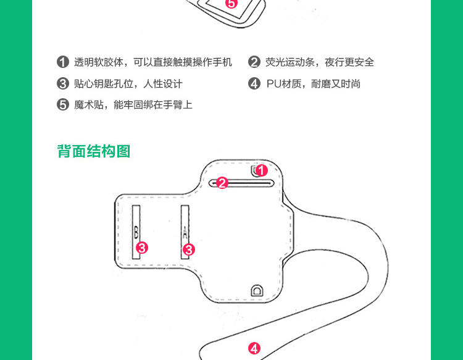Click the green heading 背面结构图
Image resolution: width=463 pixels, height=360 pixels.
pos(94,151)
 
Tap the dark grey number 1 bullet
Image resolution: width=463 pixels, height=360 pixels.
pos(62,62)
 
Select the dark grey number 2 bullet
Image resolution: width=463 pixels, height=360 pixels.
pos(254,62)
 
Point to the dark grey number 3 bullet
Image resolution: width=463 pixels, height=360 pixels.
pos(62,83)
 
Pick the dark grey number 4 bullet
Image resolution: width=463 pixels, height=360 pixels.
pos(254,83)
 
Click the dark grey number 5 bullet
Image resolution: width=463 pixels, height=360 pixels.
pos(62,104)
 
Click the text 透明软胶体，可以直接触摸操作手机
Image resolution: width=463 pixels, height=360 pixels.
pos(153,62)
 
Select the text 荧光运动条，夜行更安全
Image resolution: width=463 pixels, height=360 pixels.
pos(320,62)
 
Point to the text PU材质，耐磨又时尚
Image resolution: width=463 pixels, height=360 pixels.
pos(313,83)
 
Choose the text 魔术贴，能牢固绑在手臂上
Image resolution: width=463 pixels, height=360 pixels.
pos(133,104)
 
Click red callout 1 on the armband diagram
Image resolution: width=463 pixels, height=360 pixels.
pos(261,170)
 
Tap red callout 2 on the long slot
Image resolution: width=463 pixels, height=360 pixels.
pos(222,183)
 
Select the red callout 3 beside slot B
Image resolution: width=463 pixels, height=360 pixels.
pos(142,248)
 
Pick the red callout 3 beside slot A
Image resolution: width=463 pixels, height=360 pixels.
pos(189,249)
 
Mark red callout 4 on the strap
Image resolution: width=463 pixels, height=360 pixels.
pos(254,348)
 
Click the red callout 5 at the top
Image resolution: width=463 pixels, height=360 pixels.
pos(231,4)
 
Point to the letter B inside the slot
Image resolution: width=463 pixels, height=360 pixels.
pos(136,232)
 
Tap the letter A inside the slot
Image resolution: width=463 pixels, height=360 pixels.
pos(185,232)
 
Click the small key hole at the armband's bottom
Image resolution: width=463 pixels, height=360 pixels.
pos(256,290)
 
